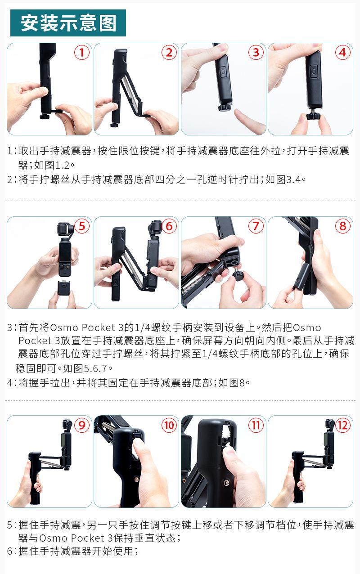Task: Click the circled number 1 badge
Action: click(82, 52)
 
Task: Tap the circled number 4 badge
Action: click(343, 52)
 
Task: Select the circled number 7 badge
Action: click(256, 226)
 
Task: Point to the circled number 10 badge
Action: click(169, 426)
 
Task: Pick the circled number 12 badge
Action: click(343, 426)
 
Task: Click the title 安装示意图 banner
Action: click(68, 23)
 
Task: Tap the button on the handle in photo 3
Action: click(223, 72)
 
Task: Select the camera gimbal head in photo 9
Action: click(67, 426)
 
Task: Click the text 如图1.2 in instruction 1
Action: click(52, 165)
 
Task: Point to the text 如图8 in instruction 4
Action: click(232, 383)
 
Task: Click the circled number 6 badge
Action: click(169, 226)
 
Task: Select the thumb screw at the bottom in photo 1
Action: click(45, 117)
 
